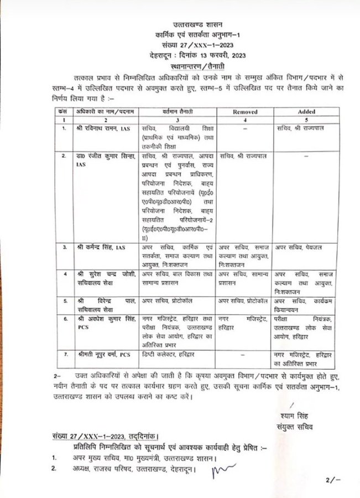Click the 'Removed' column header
(246, 111)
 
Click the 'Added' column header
(306, 111)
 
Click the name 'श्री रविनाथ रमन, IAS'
(102, 128)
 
